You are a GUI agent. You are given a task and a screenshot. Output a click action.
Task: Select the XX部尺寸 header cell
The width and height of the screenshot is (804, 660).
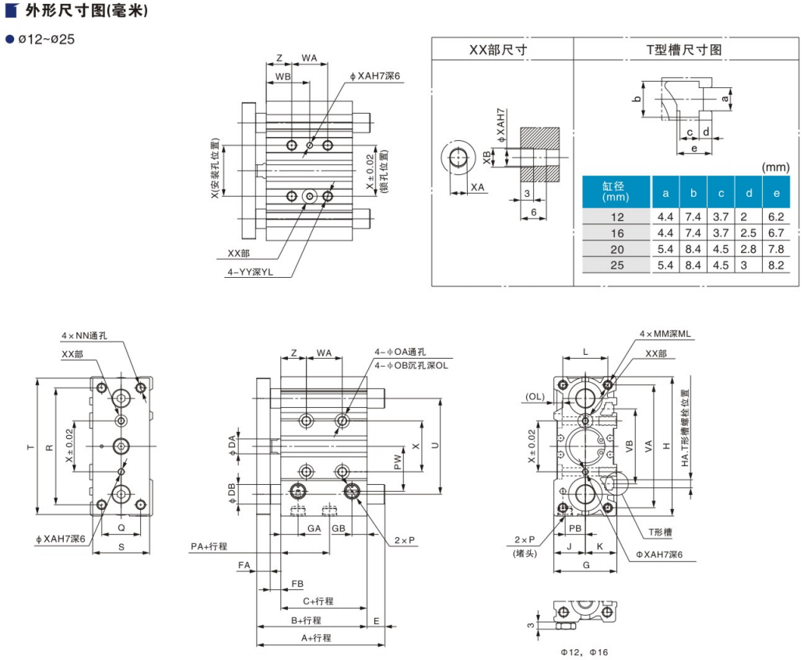[502, 49]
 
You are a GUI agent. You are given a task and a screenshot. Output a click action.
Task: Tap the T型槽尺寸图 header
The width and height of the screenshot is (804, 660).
[685, 49]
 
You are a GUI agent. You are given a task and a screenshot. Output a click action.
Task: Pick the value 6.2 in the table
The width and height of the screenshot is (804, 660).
[775, 217]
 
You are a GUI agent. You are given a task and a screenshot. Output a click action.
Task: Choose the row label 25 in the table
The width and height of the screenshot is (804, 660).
[617, 265]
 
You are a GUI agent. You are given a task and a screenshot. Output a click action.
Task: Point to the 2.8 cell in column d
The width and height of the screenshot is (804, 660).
[748, 249]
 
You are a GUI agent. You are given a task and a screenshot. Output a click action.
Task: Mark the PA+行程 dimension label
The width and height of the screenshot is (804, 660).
[209, 546]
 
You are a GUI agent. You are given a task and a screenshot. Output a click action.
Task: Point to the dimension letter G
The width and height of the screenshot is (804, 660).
[585, 566]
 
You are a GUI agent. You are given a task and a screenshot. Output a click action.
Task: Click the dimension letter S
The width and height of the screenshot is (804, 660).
[121, 546]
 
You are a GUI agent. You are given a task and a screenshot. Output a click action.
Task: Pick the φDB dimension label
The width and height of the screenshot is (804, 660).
[231, 493]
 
